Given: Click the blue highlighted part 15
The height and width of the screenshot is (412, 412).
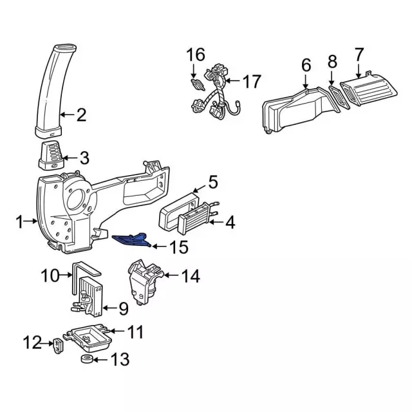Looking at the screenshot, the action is tap(131, 239).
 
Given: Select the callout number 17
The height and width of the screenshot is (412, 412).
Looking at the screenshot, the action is tap(252, 81).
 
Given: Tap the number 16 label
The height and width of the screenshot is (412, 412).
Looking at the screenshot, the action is tap(196, 54).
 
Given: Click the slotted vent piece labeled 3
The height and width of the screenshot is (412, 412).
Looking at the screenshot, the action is tap(51, 156).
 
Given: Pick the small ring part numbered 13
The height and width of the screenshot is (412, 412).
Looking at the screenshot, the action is tap(88, 359).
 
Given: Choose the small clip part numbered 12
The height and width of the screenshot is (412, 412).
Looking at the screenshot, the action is tap(58, 346).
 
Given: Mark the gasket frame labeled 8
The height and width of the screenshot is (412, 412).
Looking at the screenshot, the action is tap(339, 97).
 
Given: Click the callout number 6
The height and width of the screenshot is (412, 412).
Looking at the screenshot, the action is tap(306, 65).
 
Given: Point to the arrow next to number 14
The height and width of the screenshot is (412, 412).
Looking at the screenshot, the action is tap(171, 275).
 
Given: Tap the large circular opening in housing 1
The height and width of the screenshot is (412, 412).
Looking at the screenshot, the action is tap(77, 201).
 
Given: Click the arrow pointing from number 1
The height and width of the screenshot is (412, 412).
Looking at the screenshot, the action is tap(31, 221).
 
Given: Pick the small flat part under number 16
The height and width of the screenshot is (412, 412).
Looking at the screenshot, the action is tap(198, 84).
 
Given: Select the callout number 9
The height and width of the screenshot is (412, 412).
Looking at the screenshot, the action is tap(124, 308).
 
